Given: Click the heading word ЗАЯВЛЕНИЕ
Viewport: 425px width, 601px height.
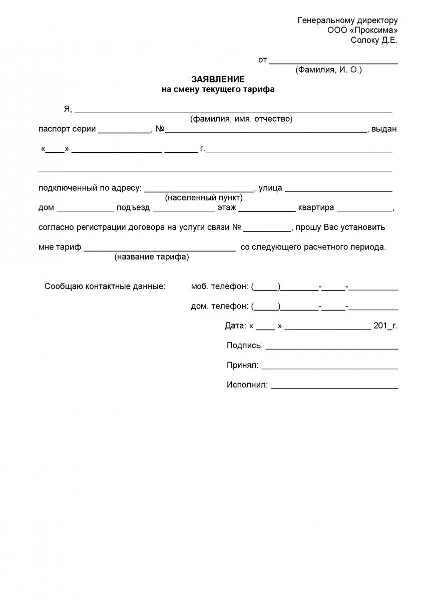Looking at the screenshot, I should click(x=218, y=80).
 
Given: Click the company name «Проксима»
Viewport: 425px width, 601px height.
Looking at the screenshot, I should click(x=370, y=31).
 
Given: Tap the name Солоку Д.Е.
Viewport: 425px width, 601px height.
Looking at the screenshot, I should click(x=374, y=41).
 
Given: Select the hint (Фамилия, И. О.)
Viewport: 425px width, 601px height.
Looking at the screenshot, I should click(x=328, y=70).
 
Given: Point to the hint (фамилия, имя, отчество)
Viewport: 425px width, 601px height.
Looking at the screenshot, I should click(x=241, y=119).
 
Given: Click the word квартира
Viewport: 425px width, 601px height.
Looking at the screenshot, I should click(x=316, y=208).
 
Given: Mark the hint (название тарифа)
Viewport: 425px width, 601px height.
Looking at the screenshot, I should click(x=152, y=257).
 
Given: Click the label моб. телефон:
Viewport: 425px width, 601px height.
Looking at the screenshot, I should click(x=219, y=286).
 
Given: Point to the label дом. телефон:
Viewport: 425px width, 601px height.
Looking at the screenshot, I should click(x=219, y=306).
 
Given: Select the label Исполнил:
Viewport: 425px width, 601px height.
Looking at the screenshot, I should click(x=247, y=385).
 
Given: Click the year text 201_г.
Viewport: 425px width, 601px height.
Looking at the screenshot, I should click(x=385, y=326).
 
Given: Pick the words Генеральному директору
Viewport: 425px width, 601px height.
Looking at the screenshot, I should click(x=348, y=21).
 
